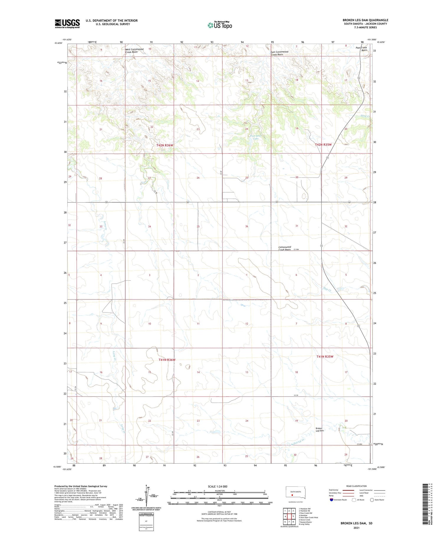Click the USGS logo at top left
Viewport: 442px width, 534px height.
[x=67, y=24]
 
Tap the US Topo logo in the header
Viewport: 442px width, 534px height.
[x=220, y=25]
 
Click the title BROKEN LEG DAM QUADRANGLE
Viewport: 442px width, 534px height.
[x=365, y=20]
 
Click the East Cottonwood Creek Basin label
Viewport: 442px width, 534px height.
[x=279, y=53]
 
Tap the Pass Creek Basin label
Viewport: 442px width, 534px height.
[x=362, y=49]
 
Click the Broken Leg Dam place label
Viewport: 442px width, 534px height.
[x=319, y=429]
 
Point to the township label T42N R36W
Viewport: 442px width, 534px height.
[x=164, y=146]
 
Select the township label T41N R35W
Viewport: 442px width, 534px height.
[x=325, y=357]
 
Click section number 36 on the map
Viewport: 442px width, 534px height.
[x=247, y=226]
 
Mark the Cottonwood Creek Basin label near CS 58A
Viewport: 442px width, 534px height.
[x=285, y=248]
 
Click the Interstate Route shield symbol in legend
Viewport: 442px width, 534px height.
[x=331, y=500]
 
